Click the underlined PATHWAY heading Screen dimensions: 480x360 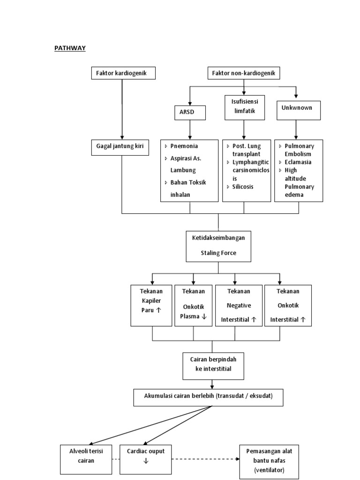(x=70, y=48)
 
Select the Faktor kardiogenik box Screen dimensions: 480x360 (x=122, y=73)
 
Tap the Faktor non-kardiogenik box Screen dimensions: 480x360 (x=244, y=73)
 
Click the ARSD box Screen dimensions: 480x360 (x=189, y=112)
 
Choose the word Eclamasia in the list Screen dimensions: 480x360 (x=298, y=162)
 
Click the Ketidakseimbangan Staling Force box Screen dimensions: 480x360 (x=218, y=246)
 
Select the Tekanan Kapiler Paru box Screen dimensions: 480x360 (x=151, y=305)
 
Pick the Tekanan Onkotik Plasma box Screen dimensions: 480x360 (x=194, y=305)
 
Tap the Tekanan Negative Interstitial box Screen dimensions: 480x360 (x=239, y=305)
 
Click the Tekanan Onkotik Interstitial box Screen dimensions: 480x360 (x=288, y=305)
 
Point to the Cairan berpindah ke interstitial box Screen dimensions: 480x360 (x=213, y=366)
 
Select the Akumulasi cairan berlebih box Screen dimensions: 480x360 (x=209, y=397)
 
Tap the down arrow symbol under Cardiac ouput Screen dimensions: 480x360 (x=146, y=461)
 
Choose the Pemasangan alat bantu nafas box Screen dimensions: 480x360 (x=269, y=462)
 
